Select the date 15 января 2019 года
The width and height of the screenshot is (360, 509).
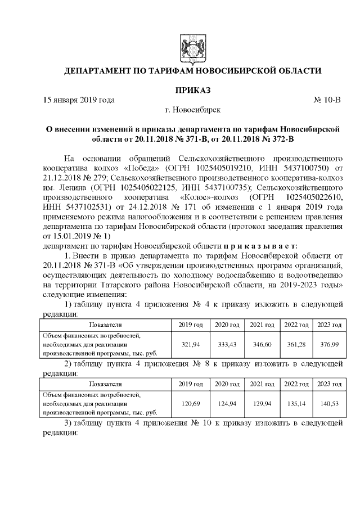(79, 100)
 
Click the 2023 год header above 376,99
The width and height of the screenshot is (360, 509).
(330, 325)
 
